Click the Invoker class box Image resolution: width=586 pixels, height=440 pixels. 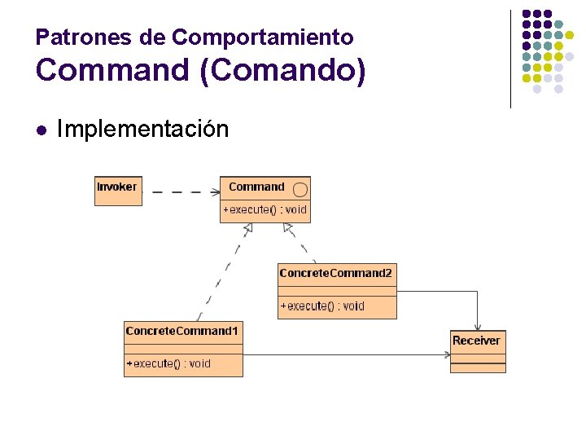(117, 191)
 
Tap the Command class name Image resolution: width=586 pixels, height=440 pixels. (256, 187)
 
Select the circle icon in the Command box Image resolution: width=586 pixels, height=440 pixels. (300, 190)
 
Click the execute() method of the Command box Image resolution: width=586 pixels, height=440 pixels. (265, 209)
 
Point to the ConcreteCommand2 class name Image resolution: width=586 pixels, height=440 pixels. (336, 273)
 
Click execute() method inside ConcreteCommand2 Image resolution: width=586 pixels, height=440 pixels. (322, 306)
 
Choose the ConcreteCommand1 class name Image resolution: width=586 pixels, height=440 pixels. (182, 331)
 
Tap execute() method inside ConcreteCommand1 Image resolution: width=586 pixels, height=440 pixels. (168, 363)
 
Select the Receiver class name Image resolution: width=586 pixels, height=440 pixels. (476, 341)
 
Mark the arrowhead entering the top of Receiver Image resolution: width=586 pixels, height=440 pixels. (478, 325)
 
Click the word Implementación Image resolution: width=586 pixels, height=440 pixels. (142, 129)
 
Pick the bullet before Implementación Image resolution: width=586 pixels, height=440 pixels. (41, 129)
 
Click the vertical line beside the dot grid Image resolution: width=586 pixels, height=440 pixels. (510, 59)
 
